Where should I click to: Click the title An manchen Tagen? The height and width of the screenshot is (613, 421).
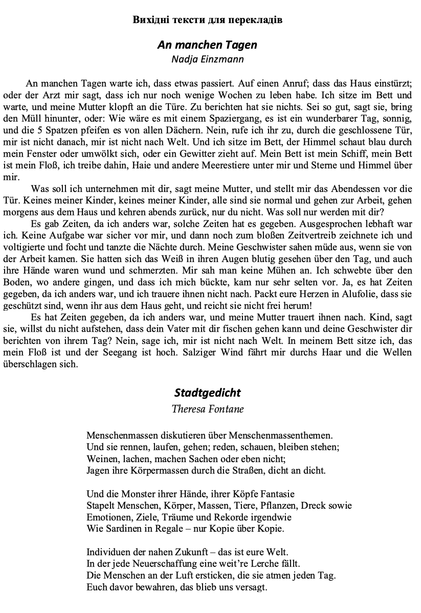(207, 45)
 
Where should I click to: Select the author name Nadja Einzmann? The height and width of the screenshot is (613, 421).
(207, 58)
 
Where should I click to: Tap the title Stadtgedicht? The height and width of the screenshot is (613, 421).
(207, 393)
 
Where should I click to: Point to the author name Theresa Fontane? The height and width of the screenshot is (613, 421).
(207, 409)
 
